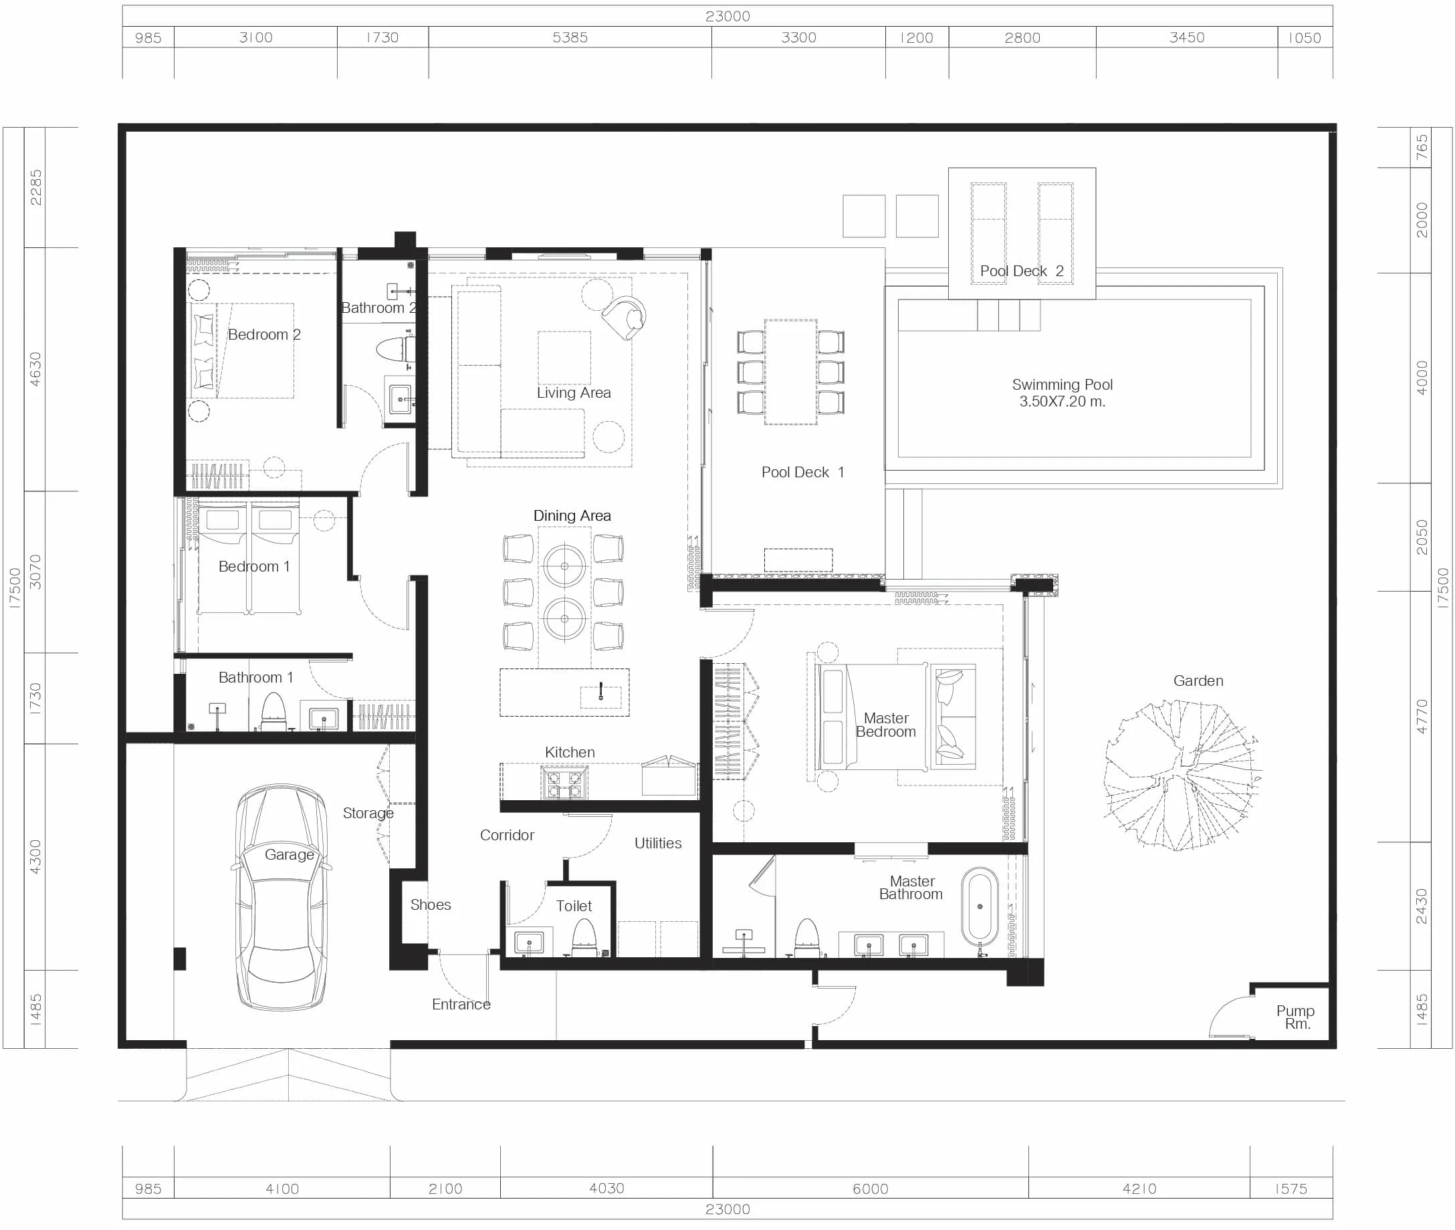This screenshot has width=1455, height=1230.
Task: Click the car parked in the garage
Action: click(x=282, y=896)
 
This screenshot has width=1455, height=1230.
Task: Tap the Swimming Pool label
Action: click(x=1062, y=392)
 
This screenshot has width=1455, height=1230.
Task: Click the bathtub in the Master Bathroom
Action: click(x=980, y=906)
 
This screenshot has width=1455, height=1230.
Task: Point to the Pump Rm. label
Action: click(x=1295, y=1017)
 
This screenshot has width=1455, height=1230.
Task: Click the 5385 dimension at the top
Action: click(x=570, y=37)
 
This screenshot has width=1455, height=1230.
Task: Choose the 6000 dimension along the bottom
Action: click(x=870, y=1189)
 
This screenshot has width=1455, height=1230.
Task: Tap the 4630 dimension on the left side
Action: click(x=35, y=369)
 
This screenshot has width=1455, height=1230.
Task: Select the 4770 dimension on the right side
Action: click(x=1422, y=716)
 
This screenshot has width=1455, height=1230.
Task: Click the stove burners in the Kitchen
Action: click(x=564, y=783)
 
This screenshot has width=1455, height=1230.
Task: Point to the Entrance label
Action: click(x=461, y=1004)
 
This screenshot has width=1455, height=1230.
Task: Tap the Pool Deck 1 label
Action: click(x=802, y=472)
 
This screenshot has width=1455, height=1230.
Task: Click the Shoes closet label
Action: click(x=431, y=904)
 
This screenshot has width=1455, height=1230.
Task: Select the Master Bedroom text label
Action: click(x=886, y=725)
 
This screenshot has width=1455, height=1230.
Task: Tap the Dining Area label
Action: click(x=572, y=515)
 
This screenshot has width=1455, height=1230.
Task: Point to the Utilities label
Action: click(x=658, y=843)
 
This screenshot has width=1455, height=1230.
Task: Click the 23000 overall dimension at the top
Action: click(x=727, y=16)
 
